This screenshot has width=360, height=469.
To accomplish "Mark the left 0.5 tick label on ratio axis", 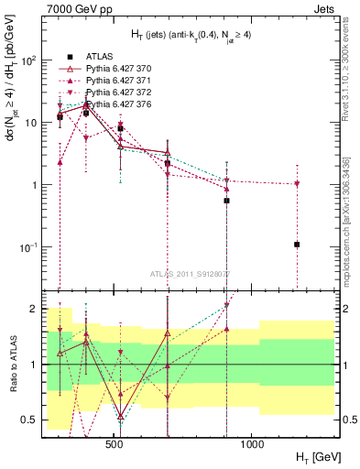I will [30, 420].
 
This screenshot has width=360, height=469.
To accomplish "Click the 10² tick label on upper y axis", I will [30, 60].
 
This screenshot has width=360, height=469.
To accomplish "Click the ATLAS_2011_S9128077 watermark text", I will [190, 272].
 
